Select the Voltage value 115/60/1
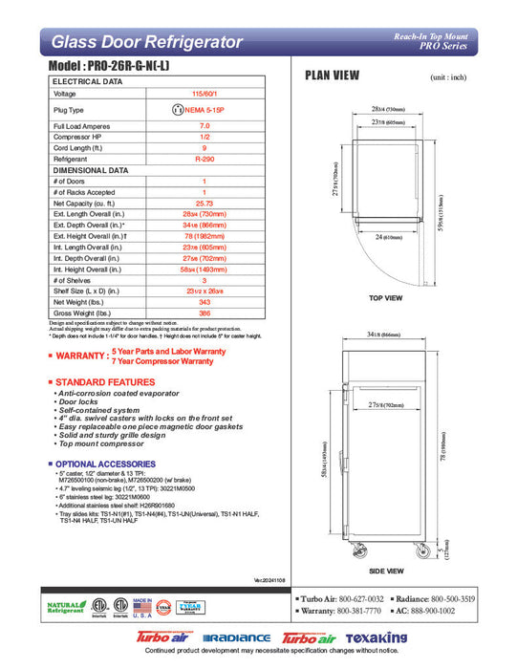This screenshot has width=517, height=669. tap(204, 94)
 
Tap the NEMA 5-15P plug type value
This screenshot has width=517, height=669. tap(208, 110)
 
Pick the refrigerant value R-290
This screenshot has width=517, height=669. tap(204, 159)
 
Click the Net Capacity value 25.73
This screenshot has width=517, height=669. tap(204, 204)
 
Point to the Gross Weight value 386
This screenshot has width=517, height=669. tap(204, 313)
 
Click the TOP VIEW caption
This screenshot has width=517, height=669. tap(385, 298)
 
